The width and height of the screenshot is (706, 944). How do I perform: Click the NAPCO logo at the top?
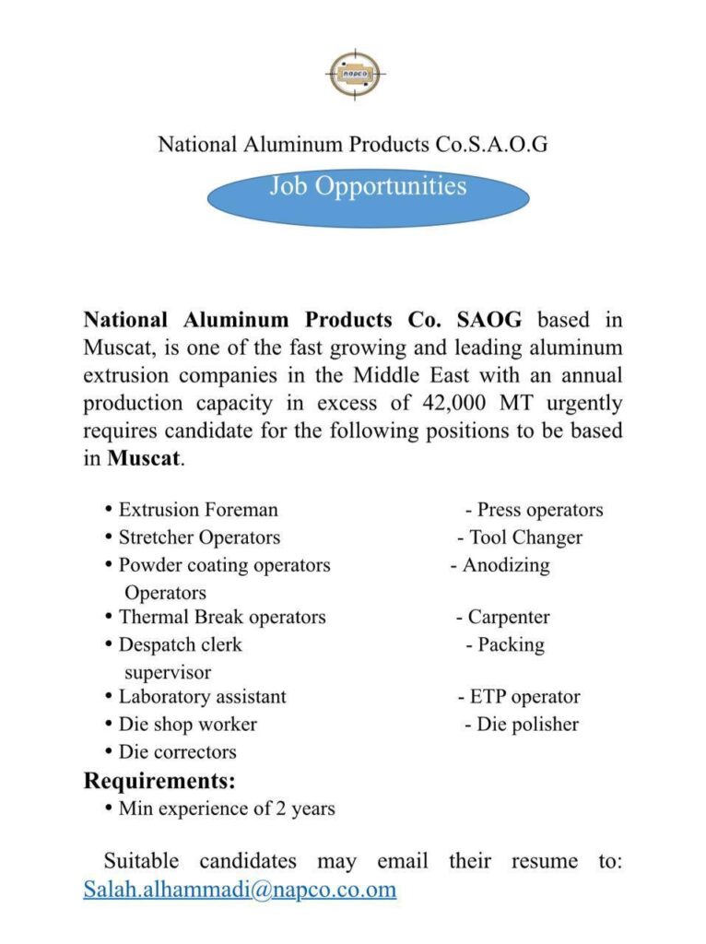354,74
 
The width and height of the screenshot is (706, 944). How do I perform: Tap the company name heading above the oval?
353,144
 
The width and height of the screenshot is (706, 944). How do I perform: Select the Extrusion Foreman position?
197,510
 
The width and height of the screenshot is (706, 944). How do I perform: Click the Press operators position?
539,510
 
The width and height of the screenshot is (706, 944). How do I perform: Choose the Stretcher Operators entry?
199,537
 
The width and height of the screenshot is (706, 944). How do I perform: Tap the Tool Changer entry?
525,537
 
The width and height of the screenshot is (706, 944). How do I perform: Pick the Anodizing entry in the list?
506,565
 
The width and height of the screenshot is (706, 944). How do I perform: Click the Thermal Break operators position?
221,617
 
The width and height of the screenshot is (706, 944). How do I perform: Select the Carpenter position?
508,617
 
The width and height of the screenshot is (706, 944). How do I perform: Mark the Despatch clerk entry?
180,644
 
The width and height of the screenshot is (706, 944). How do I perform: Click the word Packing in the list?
511,644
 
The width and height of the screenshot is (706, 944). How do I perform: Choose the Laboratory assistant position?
202,697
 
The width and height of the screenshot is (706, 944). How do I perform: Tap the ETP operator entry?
524,697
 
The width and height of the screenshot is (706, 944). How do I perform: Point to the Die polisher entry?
527,725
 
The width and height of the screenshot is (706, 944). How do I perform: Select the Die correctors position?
177,752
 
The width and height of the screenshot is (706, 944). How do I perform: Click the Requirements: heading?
159,781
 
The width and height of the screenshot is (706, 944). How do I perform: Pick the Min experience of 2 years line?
227,809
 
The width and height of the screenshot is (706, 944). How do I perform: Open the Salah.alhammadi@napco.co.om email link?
240,890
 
